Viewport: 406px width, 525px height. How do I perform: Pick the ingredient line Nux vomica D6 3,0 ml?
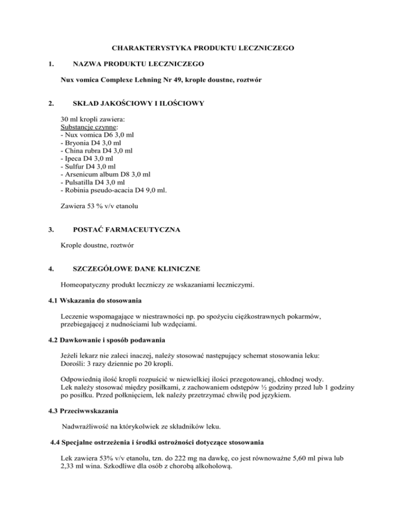pos(98,135)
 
